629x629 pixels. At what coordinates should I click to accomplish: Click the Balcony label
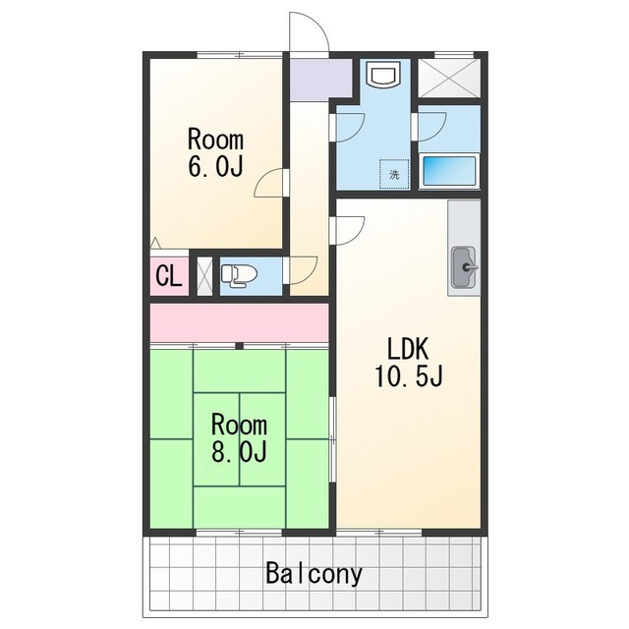(314, 574)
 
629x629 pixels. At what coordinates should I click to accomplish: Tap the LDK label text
(409, 348)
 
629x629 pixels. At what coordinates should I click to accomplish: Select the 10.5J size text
(409, 375)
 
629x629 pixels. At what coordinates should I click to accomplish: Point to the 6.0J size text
(216, 165)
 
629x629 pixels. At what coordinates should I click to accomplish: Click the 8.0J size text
(239, 450)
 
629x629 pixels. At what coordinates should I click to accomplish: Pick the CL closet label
(169, 276)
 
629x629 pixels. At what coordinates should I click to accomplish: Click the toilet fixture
(239, 275)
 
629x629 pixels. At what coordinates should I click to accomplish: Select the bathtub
(449, 171)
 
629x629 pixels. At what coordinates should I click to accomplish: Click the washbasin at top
(384, 75)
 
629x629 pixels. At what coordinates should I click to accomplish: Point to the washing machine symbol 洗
(394, 175)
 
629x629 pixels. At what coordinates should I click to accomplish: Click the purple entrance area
(321, 80)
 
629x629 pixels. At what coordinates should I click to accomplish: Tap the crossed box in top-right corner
(449, 79)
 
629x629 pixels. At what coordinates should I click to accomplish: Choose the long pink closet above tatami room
(239, 323)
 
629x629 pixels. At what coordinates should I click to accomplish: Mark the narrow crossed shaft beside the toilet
(204, 276)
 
